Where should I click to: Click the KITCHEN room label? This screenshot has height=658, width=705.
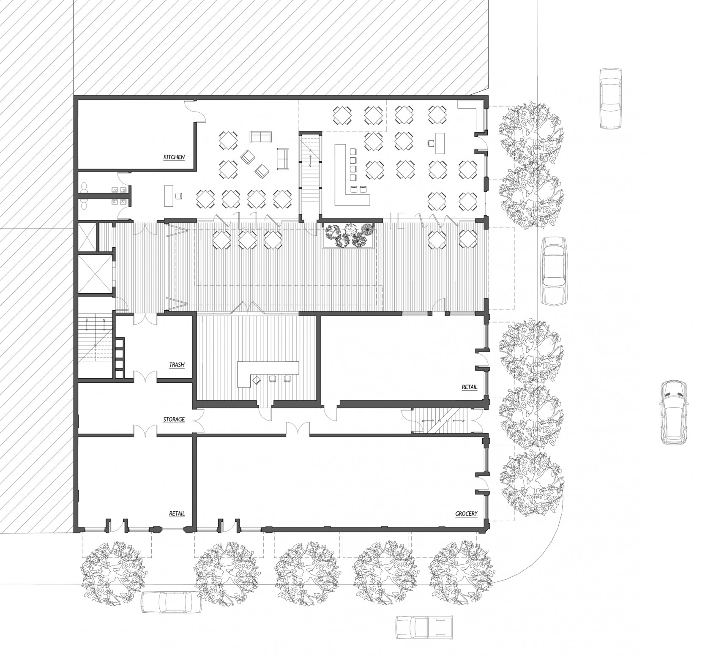point(174,157)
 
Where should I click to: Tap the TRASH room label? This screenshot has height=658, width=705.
point(177,364)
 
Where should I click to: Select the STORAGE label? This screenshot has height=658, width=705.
point(174,420)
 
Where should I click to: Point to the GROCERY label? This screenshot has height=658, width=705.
point(466,514)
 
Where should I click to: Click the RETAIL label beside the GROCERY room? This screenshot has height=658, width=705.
point(177,514)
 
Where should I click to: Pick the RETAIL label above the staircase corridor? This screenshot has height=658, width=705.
point(469,387)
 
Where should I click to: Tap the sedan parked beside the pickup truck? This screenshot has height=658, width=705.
point(171,602)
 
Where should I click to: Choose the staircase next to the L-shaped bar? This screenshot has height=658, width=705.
point(311,169)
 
